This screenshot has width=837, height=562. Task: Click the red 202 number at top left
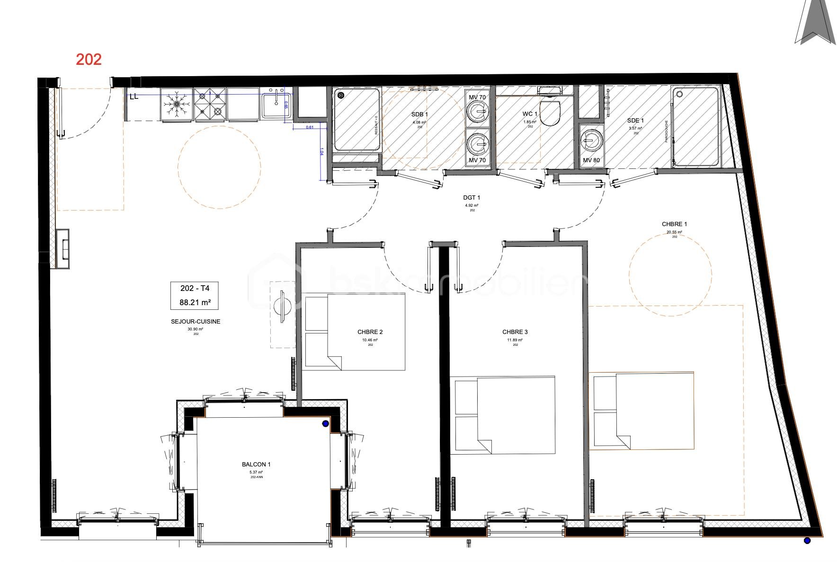[89, 59]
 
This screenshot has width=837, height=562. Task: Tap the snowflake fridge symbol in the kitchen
[177, 104]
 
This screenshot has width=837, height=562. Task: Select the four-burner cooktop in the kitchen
[210, 104]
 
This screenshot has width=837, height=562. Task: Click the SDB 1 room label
[419, 114]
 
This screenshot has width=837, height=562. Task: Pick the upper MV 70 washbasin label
[477, 97]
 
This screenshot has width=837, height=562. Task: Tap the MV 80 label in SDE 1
[591, 160]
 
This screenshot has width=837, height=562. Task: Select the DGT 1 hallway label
[472, 198]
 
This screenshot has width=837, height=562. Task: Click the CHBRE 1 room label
[674, 224]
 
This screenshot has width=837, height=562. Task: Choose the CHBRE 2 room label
[370, 332]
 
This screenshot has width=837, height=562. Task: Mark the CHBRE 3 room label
[515, 332]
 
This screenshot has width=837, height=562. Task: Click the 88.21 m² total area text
[195, 302]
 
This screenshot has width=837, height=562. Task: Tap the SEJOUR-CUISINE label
[196, 322]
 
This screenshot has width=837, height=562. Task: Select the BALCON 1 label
[256, 465]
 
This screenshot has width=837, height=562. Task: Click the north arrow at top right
[815, 24]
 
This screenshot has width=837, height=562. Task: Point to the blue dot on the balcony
[325, 424]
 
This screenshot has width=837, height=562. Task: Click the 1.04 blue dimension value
[321, 152]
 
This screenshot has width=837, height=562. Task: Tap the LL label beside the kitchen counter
[134, 97]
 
